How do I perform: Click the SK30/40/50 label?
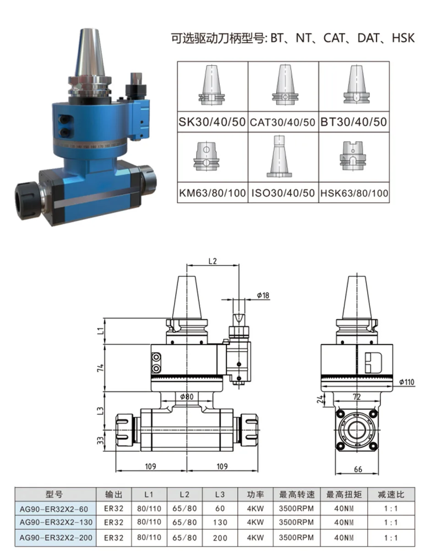pos(212,122)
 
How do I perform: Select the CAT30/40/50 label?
pos(283,122)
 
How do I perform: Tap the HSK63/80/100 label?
pos(354,193)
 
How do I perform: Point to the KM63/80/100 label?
pos(212,193)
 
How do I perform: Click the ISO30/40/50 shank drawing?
pos(279,156)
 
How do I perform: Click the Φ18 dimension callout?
pos(263,296)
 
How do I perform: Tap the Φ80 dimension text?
pos(187,396)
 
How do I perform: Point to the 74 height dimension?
pos(101,368)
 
